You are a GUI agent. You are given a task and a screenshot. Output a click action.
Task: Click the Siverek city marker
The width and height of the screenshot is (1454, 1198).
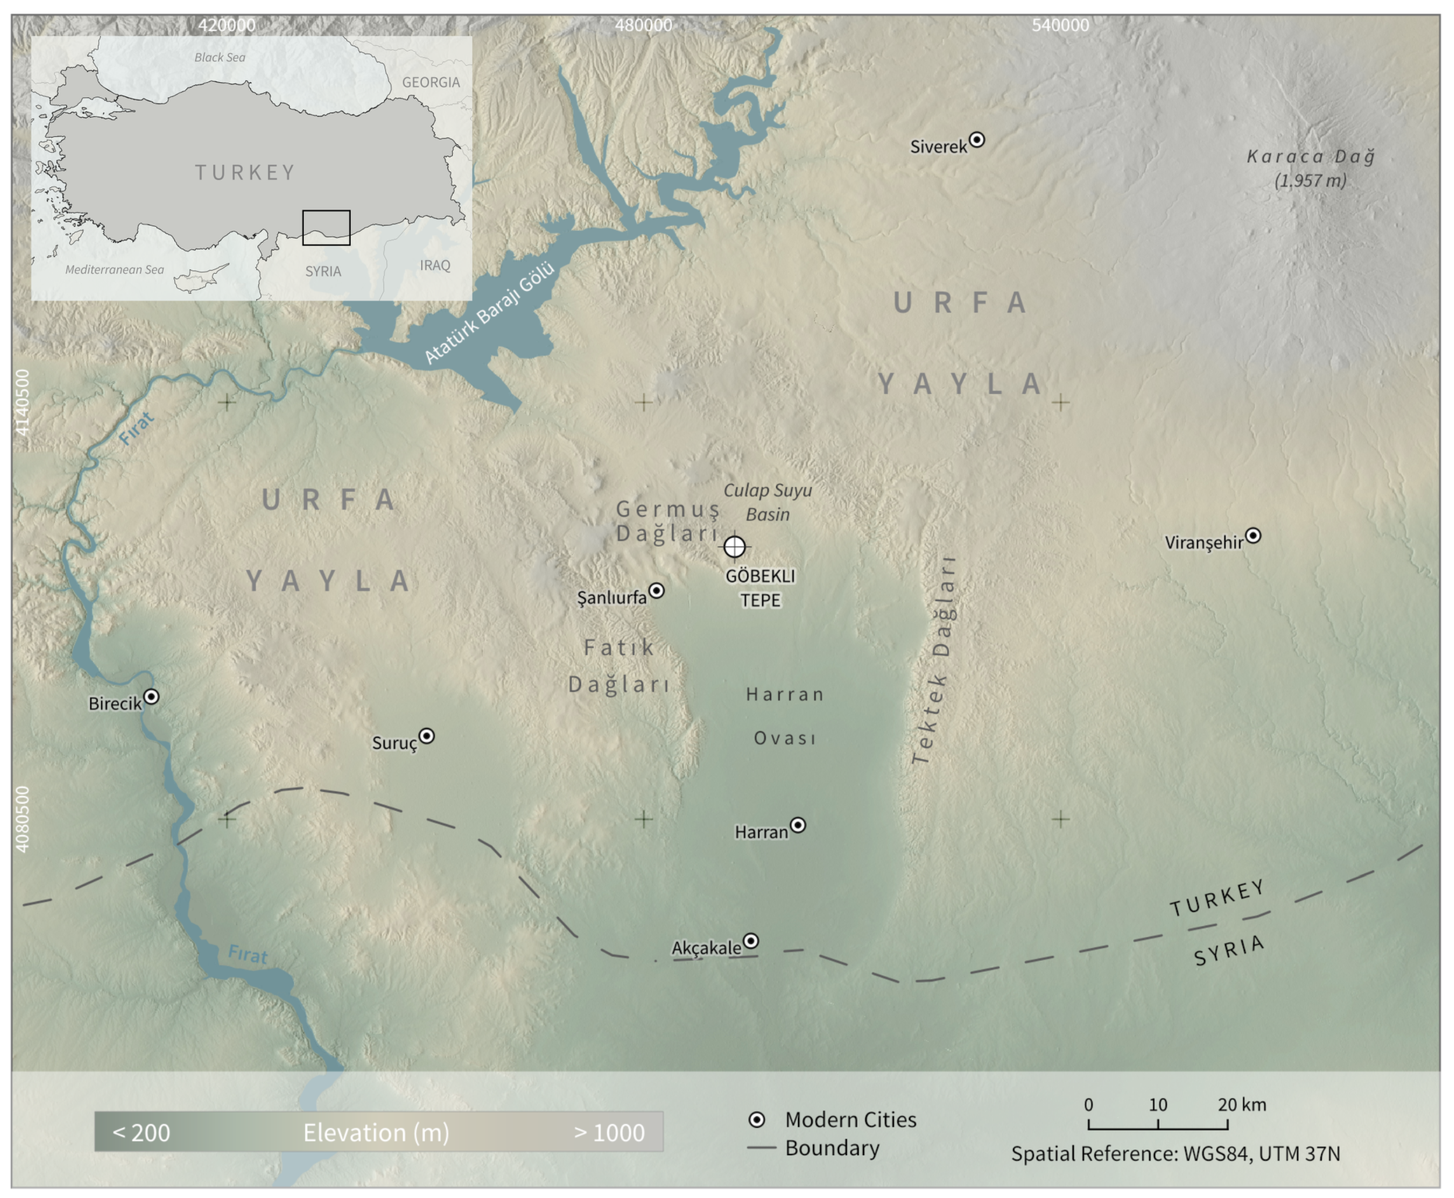[977, 140]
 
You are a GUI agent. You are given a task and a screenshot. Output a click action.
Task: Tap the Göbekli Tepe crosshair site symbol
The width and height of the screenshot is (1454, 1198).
[734, 547]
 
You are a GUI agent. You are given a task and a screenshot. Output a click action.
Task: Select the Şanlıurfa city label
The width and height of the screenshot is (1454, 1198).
[611, 598]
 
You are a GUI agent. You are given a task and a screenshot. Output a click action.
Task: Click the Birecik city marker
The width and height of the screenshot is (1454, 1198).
[151, 696]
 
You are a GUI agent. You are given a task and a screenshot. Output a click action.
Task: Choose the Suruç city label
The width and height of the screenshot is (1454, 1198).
[395, 743]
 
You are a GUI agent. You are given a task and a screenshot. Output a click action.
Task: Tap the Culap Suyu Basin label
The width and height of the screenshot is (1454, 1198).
[767, 502]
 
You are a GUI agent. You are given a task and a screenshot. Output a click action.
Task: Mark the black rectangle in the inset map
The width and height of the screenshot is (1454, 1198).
[326, 228]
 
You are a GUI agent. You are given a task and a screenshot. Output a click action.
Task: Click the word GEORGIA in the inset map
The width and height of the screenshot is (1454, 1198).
[431, 82]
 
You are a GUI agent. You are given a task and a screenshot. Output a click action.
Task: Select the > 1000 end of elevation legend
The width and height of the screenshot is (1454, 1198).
[609, 1133]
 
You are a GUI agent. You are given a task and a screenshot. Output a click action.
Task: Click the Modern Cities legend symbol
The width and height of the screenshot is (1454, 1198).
[757, 1119]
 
